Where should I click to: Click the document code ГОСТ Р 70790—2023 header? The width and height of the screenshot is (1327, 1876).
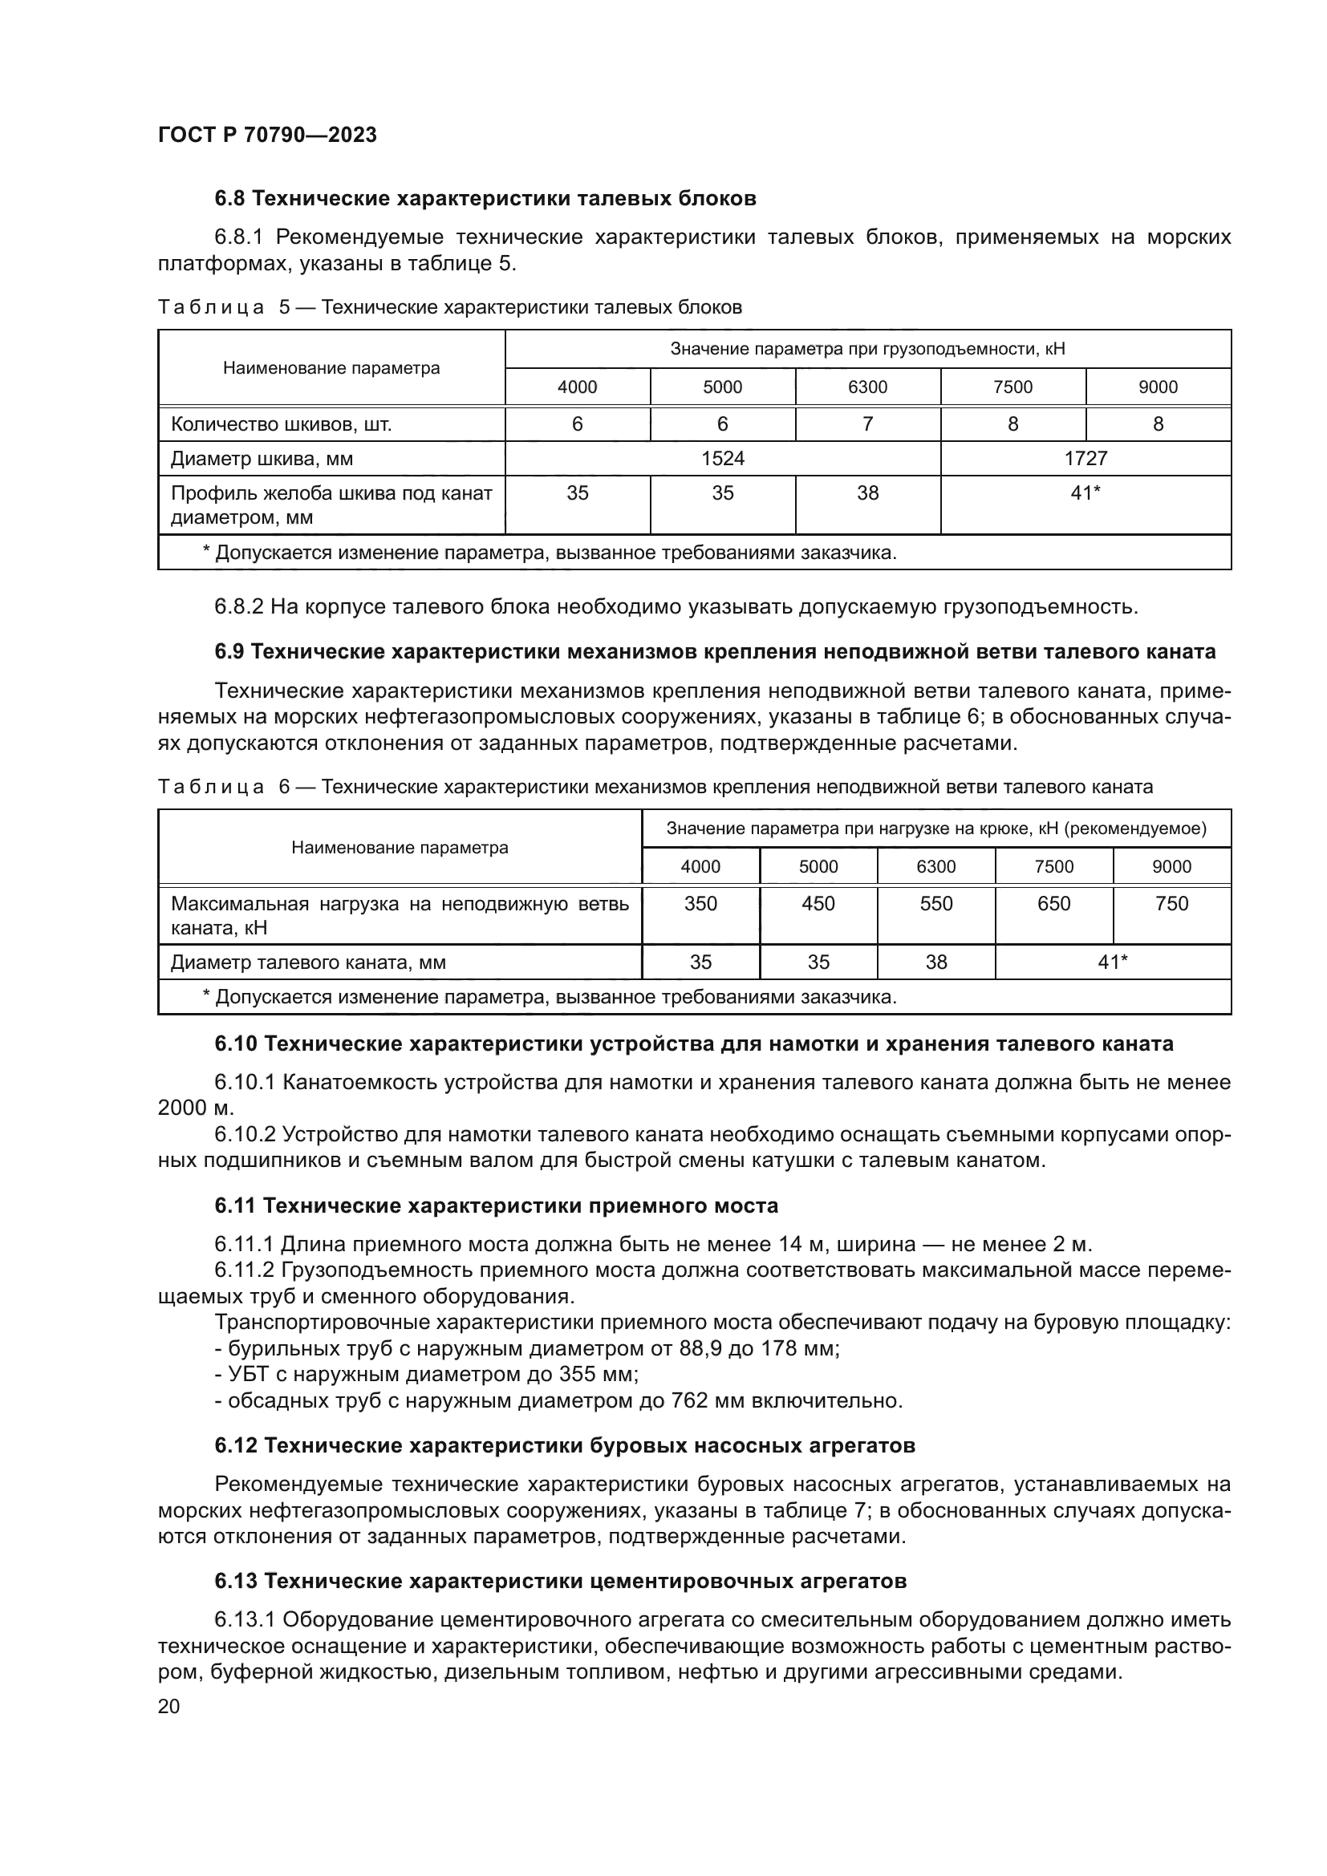(267, 136)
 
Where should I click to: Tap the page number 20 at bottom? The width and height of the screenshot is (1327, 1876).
(168, 1706)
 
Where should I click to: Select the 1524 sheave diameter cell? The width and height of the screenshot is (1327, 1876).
(722, 459)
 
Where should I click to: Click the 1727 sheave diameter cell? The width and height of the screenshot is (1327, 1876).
(1086, 459)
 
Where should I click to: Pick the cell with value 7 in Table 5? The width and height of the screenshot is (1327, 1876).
(868, 424)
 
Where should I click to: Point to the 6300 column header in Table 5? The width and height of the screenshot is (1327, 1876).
(868, 387)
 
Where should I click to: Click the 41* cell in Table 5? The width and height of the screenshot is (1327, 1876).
(1086, 493)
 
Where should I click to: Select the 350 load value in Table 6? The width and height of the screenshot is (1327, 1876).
(700, 904)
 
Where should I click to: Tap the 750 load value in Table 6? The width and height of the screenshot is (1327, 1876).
(1171, 904)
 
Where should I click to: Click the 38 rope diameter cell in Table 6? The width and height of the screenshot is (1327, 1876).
(935, 962)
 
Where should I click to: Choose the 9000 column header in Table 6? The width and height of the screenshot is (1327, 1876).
(1171, 867)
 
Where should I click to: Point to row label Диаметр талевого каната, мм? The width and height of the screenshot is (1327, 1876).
(308, 962)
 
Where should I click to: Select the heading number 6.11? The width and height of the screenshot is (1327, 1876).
(236, 1206)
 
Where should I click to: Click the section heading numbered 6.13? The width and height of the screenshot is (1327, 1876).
(236, 1582)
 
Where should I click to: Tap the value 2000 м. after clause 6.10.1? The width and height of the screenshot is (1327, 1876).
(195, 1108)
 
